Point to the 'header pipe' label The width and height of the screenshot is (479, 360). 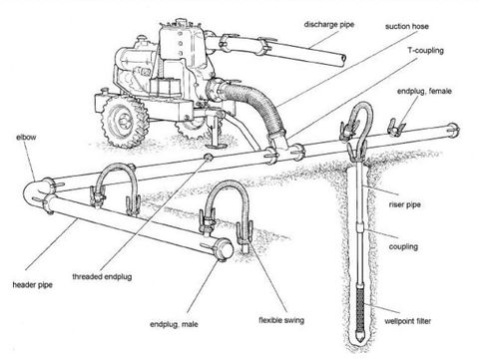point(31,285)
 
